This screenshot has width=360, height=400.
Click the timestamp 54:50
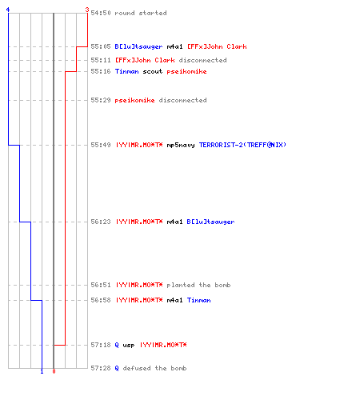pyautogui.click(x=101, y=13)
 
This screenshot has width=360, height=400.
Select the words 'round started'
pyautogui.click(x=141, y=13)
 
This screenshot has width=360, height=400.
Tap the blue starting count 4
pyautogui.click(x=8, y=10)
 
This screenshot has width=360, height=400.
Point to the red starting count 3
pyautogui.click(x=86, y=10)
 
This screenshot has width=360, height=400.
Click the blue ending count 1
pyautogui.click(x=42, y=371)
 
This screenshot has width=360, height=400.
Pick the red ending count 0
pyautogui.click(x=54, y=371)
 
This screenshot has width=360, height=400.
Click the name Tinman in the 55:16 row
pyautogui.click(x=127, y=71)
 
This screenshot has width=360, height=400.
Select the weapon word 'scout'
pyautogui.click(x=153, y=71)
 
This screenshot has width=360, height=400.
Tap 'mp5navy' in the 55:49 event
pyautogui.click(x=181, y=145)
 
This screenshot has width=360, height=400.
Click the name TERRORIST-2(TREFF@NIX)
pyautogui.click(x=242, y=145)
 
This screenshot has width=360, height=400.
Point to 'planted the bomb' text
pyautogui.click(x=198, y=285)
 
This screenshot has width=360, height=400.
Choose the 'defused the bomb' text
pyautogui.click(x=154, y=368)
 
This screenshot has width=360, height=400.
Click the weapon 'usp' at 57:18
pyautogui.click(x=129, y=346)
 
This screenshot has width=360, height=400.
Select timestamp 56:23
pyautogui.click(x=101, y=222)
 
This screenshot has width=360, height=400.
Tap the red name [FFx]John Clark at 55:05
pyautogui.click(x=217, y=46)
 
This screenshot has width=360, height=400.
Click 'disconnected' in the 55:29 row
pyautogui.click(x=182, y=100)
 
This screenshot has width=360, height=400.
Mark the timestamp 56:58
pyautogui.click(x=101, y=300)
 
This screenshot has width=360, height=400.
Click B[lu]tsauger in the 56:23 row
pyautogui.click(x=210, y=222)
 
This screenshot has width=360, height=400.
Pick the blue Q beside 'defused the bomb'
pyautogui.click(x=117, y=368)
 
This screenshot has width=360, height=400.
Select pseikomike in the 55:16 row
pyautogui.click(x=186, y=71)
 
